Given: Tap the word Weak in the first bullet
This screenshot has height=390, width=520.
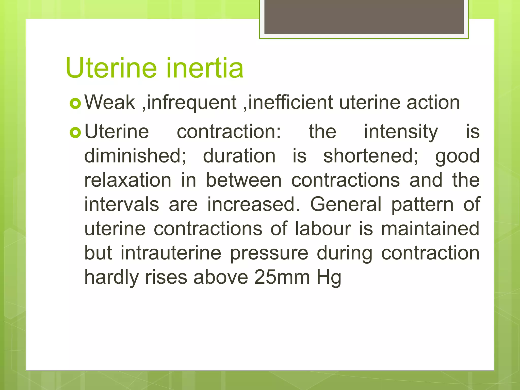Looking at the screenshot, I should tap(110, 102).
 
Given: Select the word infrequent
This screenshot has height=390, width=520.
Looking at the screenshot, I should tap(192, 102).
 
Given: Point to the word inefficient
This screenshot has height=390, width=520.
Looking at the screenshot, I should tap(290, 102).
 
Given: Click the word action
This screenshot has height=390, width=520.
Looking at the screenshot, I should tap(433, 102).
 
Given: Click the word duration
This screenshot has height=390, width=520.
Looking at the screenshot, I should tap(239, 156).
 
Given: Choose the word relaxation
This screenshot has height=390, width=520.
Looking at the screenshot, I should tap(128, 180).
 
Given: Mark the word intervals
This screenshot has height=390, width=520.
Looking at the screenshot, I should tap(122, 204).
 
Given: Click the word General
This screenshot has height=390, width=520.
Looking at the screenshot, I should tap(346, 204).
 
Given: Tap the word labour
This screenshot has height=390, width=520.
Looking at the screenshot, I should tap(323, 229).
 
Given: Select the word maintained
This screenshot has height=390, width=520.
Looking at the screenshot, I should tap(430, 229).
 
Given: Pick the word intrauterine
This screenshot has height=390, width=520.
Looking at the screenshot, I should tap(171, 253).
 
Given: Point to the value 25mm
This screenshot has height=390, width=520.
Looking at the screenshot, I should tap(282, 277).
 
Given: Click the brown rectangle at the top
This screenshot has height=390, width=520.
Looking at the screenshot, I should tap(364, 17).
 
